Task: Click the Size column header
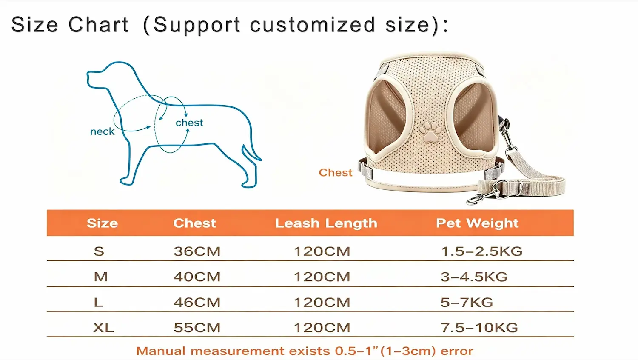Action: (102, 223)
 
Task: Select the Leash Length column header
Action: (326, 223)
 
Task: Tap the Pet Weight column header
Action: (477, 223)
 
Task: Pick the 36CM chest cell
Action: (197, 251)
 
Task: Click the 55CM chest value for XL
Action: (197, 328)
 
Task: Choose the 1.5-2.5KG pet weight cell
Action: (481, 251)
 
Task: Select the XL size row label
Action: (103, 328)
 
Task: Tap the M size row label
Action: (101, 277)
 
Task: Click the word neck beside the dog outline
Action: (102, 131)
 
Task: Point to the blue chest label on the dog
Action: (189, 123)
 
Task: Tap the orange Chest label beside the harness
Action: (336, 172)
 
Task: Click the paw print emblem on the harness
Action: (430, 131)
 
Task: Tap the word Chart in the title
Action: (99, 25)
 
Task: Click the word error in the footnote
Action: (457, 351)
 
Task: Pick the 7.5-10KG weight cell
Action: (479, 328)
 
